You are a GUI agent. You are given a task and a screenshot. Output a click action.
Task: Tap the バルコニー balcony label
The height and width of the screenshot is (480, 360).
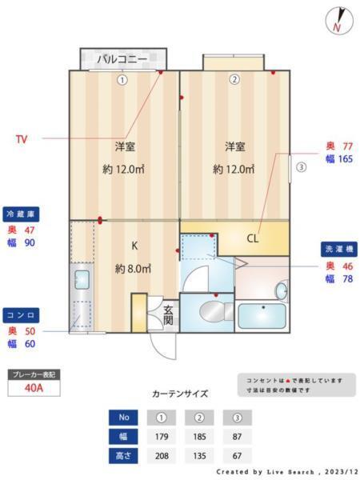click(122, 59)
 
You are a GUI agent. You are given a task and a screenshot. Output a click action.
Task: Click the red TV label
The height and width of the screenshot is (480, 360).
click(22, 138)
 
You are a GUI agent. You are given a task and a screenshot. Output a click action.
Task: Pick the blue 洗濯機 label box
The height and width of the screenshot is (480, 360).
click(340, 249)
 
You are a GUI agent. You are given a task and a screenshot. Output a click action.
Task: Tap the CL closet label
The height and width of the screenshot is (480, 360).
click(253, 238)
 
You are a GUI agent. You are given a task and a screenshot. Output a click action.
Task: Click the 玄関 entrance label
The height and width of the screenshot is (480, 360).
click(169, 314)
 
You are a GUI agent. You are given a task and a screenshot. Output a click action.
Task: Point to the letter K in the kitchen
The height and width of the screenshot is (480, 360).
click(134, 247)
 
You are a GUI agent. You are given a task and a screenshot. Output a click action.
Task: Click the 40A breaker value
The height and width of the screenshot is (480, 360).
click(34, 388)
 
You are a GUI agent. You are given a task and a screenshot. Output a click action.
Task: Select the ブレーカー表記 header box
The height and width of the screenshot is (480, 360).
click(34, 374)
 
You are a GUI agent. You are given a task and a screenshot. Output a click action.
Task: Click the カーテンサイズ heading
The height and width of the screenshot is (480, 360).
click(180, 394)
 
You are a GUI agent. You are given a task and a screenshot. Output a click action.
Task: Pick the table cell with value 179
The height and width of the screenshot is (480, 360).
click(162, 437)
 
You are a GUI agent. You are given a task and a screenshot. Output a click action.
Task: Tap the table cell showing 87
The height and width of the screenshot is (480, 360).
click(236, 437)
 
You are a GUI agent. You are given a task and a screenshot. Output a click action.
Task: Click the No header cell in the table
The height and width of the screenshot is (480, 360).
click(123, 417)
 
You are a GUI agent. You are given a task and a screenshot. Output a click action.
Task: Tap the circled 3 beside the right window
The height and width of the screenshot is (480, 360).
click(301, 168)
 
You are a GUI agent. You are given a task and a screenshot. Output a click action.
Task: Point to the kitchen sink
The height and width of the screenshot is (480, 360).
click(82, 281)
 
